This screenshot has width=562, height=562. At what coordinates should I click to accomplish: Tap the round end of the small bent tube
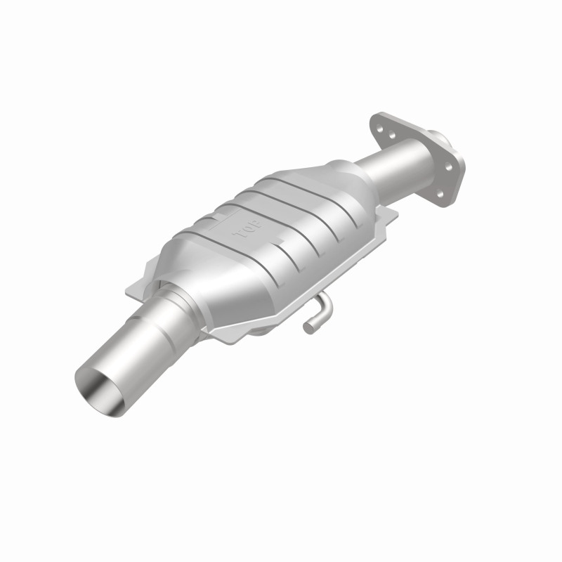point(308,325)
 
